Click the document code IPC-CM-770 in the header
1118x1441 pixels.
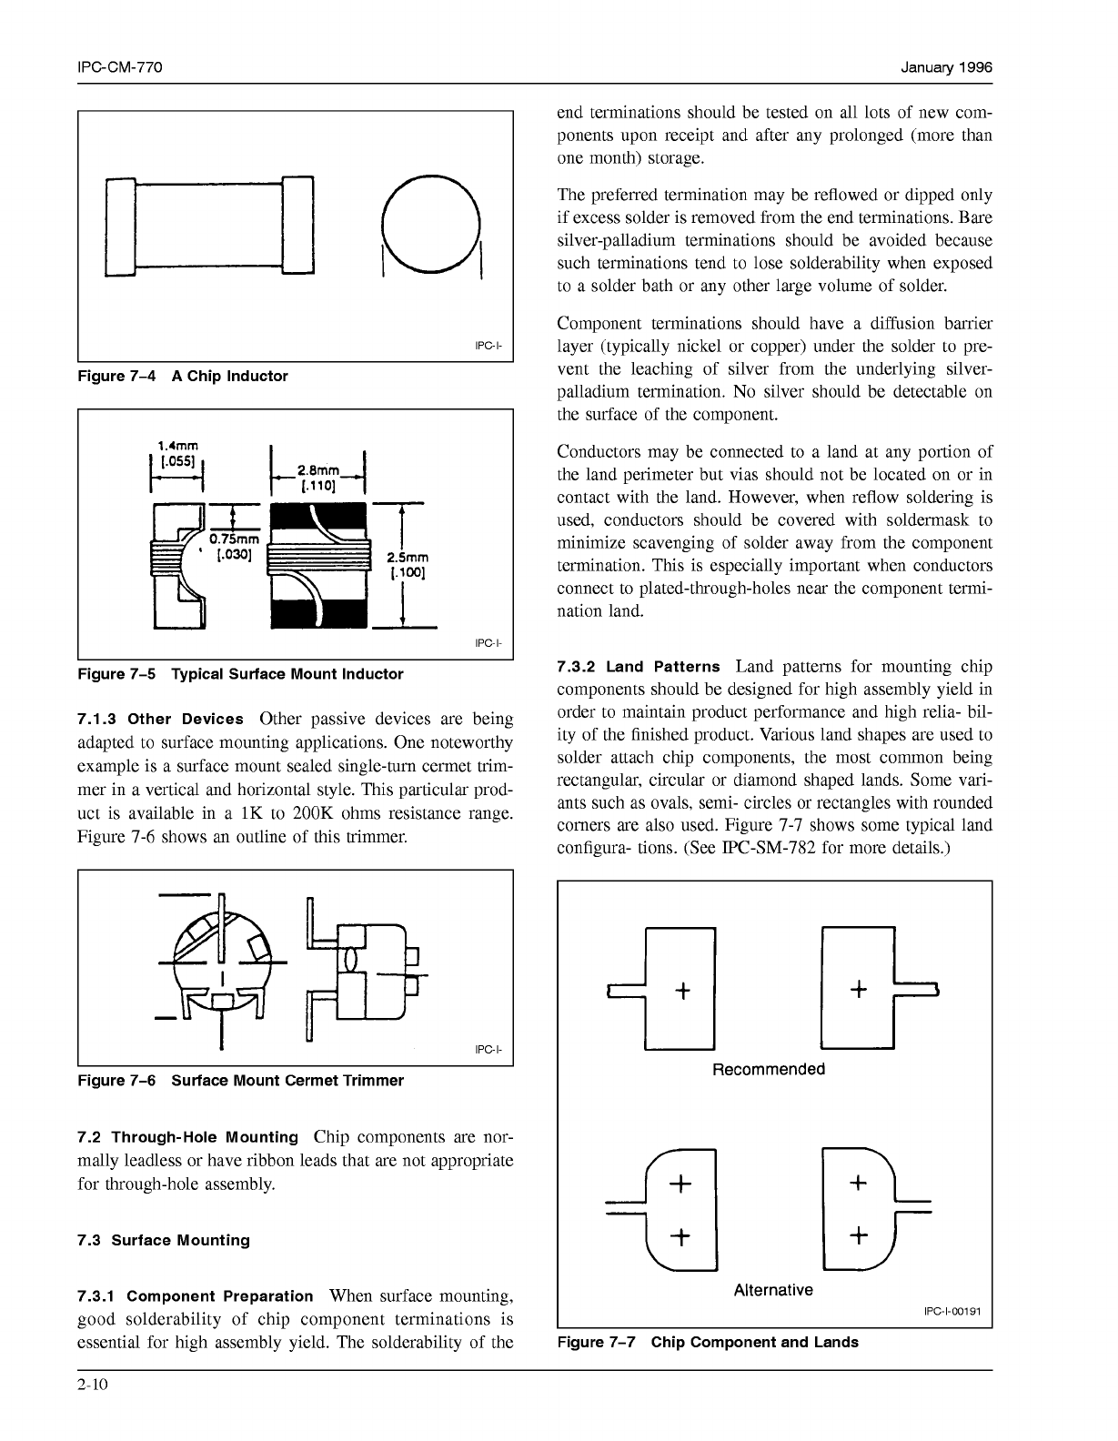point(120,68)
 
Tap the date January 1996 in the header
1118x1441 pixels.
point(946,68)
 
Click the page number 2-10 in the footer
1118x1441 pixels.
point(93,1386)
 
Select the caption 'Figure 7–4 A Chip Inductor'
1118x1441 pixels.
point(183,376)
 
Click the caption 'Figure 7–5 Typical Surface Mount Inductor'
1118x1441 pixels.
point(240,674)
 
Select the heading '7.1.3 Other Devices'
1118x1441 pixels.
point(161,719)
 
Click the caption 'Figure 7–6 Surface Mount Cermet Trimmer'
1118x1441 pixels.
point(241,1081)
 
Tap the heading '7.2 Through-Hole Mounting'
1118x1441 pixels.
point(188,1137)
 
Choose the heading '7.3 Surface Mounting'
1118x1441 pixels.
point(164,1240)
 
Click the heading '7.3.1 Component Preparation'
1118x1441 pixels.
point(196,1295)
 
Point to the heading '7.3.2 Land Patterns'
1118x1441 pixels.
point(638,667)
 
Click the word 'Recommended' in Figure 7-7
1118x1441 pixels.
point(769,1069)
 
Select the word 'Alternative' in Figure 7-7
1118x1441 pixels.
point(773,1290)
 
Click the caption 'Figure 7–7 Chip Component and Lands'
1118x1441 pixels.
point(708,1342)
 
